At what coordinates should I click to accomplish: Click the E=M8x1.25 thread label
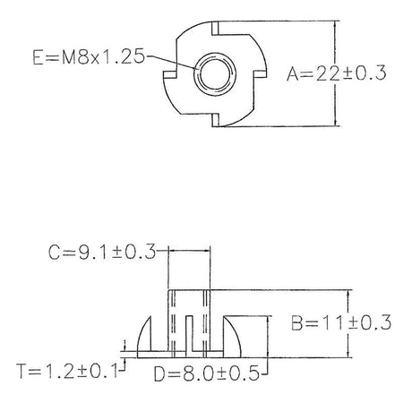[89, 56]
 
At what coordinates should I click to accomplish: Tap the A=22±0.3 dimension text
[337, 73]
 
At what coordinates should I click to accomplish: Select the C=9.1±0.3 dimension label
[102, 252]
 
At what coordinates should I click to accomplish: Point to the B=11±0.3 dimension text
[341, 322]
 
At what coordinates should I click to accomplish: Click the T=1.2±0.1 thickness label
[68, 371]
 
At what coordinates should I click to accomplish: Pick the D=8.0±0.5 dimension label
[207, 373]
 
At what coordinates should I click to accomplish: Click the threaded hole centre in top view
[214, 74]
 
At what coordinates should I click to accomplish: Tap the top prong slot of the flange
[215, 28]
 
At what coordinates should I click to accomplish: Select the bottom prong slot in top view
[216, 120]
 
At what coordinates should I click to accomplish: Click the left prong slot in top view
[170, 74]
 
